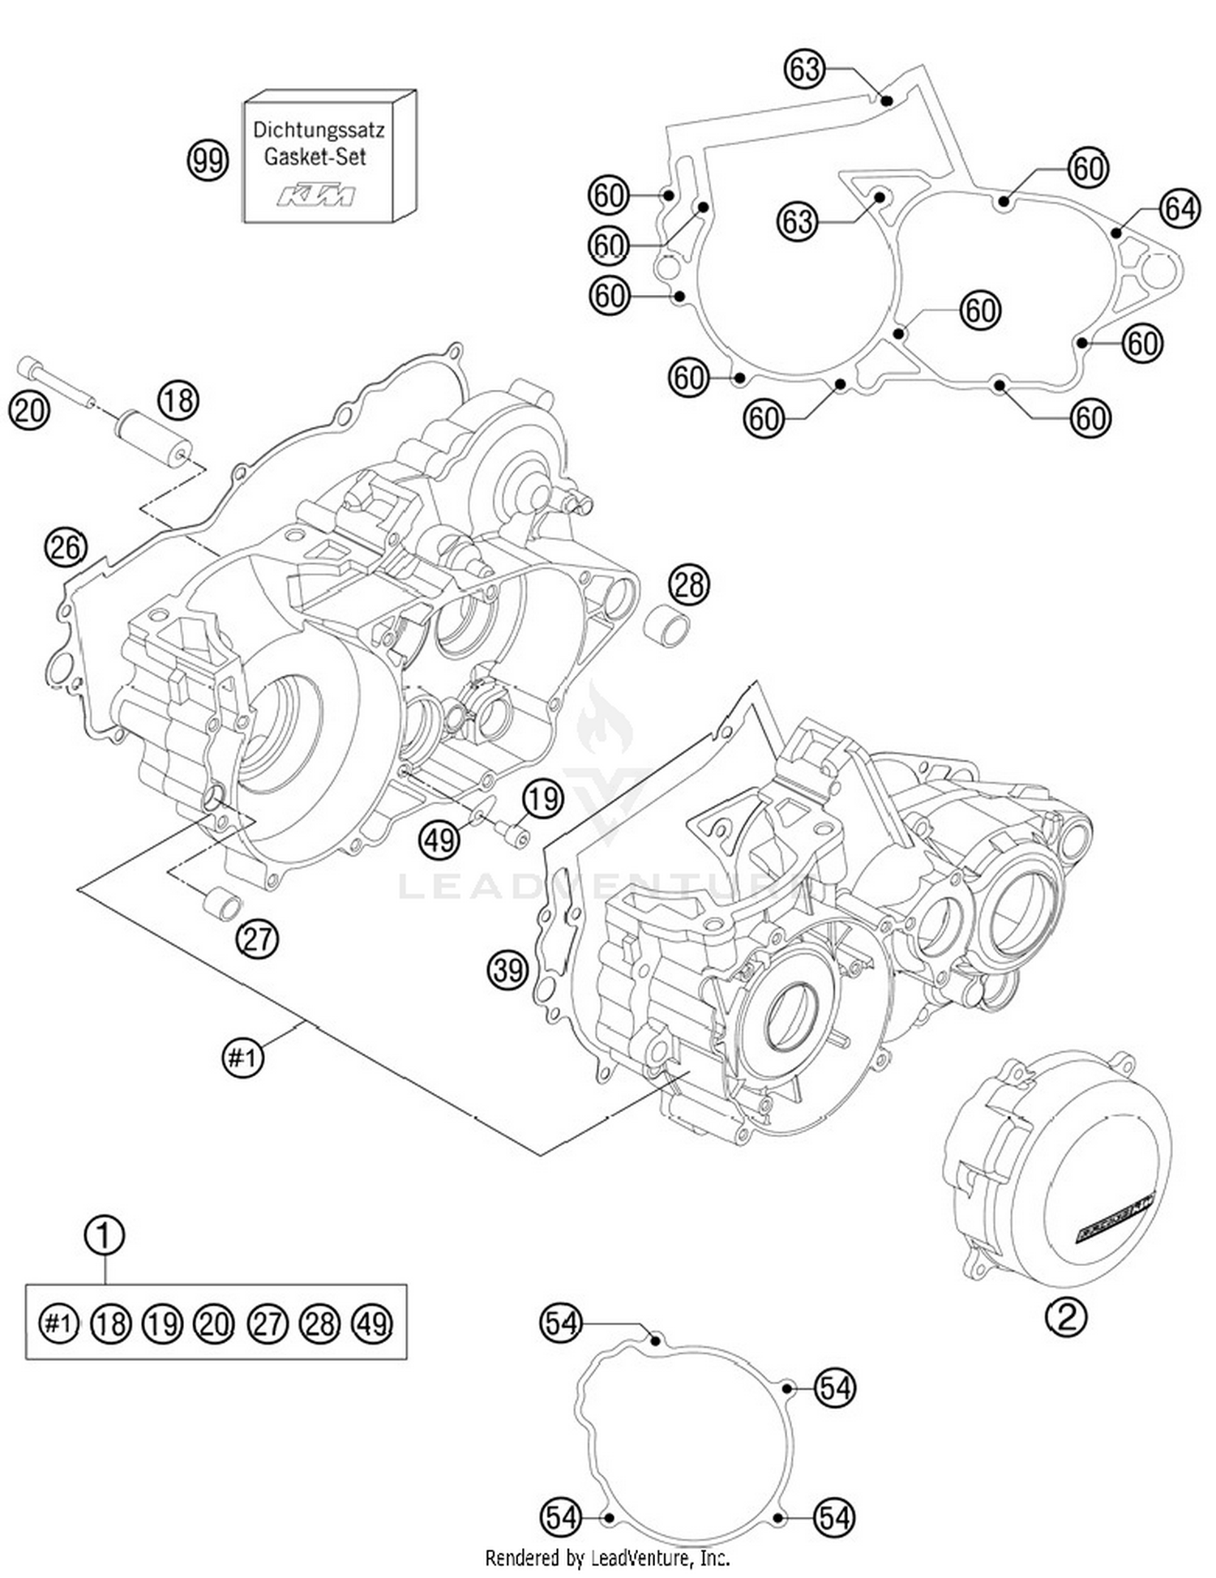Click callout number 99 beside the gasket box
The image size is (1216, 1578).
tap(208, 160)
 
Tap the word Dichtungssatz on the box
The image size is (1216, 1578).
tap(318, 130)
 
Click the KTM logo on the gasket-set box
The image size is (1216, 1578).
tap(316, 195)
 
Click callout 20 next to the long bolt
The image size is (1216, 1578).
tap(28, 410)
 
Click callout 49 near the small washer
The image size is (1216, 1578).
tap(439, 839)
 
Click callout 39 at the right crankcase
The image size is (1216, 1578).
tap(507, 969)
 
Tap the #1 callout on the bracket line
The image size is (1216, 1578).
tap(243, 1057)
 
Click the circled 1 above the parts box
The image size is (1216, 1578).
tap(105, 1235)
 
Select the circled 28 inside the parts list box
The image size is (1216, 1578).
tap(319, 1324)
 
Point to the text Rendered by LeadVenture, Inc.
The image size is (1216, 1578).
tap(607, 1557)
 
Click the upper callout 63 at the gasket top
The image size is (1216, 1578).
tap(804, 69)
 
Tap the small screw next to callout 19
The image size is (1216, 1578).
tap(512, 833)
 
